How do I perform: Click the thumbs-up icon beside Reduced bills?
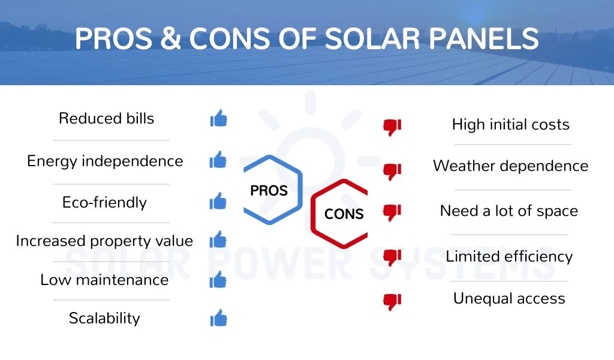click(x=218, y=118)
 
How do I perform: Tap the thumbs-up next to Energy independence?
click(x=218, y=160)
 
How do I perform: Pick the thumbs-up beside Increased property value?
click(x=218, y=239)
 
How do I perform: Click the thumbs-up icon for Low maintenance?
click(x=218, y=280)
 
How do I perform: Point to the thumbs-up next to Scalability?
click(x=218, y=317)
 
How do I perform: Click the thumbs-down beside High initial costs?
click(x=392, y=127)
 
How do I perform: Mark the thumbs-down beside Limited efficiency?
click(x=392, y=257)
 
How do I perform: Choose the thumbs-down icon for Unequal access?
click(x=392, y=302)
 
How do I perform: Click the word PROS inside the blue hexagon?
click(x=269, y=191)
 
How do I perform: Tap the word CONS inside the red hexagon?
click(x=344, y=214)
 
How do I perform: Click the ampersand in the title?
click(x=170, y=38)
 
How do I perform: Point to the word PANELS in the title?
click(x=484, y=38)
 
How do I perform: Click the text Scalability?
click(x=104, y=318)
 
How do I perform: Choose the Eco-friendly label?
click(x=104, y=202)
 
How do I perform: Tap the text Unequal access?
click(x=509, y=298)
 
